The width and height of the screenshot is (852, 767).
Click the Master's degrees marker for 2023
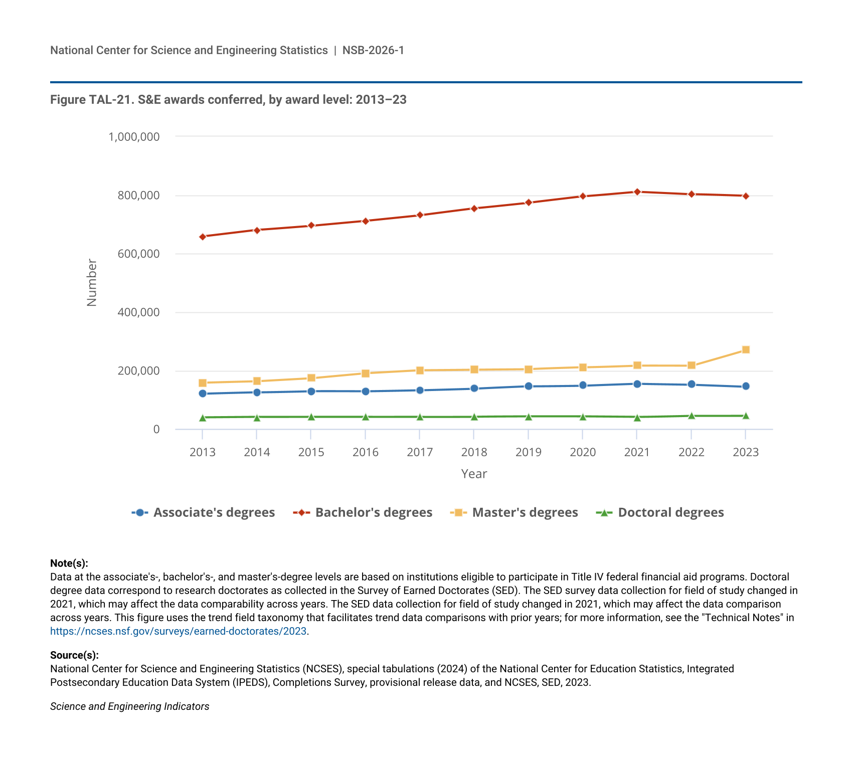coord(746,349)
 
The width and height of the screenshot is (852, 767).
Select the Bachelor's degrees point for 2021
coord(637,191)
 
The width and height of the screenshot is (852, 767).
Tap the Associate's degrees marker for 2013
coord(203,394)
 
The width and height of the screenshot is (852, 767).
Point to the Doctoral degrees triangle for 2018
coord(474,417)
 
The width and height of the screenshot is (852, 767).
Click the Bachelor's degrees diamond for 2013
coord(203,237)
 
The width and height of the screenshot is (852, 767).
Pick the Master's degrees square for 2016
coord(366,373)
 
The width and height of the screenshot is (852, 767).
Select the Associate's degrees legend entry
coord(203,512)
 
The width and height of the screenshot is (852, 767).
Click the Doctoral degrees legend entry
coord(660,512)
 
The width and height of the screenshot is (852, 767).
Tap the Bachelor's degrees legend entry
coord(363,512)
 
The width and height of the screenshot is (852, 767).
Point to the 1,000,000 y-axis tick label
coord(134,136)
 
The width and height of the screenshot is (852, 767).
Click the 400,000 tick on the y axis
coord(138,312)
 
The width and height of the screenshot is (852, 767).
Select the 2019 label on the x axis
coord(529,452)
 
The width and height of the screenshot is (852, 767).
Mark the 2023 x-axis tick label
coord(746,452)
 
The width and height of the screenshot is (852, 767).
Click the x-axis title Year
coord(474,474)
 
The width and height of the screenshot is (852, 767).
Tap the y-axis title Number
coord(92,282)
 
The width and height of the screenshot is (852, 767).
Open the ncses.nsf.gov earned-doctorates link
coord(178,631)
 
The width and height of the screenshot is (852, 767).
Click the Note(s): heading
coord(69,563)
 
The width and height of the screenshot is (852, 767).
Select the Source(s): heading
coord(74,655)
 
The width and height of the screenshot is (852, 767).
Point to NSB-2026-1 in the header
coord(373,50)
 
